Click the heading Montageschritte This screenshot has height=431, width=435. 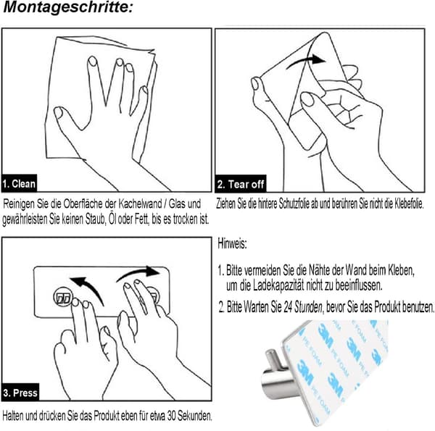(68, 7)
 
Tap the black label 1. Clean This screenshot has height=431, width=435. (19, 183)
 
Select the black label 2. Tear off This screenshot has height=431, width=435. (241, 184)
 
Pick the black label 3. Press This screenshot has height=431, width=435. (20, 392)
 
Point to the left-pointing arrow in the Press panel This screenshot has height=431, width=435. (88, 288)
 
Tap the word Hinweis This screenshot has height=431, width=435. (232, 244)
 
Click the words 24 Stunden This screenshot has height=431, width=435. (303, 307)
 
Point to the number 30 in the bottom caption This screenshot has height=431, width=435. (171, 416)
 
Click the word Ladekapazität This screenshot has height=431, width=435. (278, 285)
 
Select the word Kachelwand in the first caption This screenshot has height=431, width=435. (140, 204)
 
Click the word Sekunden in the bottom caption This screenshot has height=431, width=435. (195, 416)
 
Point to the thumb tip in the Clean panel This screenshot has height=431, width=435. (58, 112)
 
